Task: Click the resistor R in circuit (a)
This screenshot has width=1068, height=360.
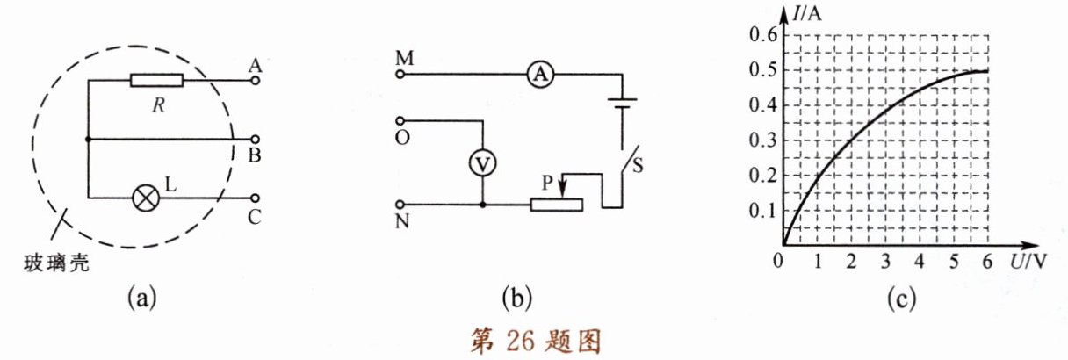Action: (156, 81)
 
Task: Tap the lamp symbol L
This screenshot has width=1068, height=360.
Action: (144, 198)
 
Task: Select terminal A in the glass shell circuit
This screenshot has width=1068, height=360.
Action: (256, 81)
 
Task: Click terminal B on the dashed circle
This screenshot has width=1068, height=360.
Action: (256, 140)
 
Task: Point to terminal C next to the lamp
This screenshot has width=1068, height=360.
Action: (256, 198)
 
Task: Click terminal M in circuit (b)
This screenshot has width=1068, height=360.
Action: (400, 76)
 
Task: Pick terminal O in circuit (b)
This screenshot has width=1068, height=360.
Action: (400, 120)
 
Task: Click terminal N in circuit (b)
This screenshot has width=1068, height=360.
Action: (400, 205)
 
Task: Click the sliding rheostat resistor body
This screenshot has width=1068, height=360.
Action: (557, 205)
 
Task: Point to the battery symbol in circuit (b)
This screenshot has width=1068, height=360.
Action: (623, 108)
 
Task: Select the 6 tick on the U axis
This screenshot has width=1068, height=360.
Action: (989, 261)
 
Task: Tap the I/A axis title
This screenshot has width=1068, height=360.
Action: (805, 14)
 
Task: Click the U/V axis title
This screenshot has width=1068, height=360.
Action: (1026, 261)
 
